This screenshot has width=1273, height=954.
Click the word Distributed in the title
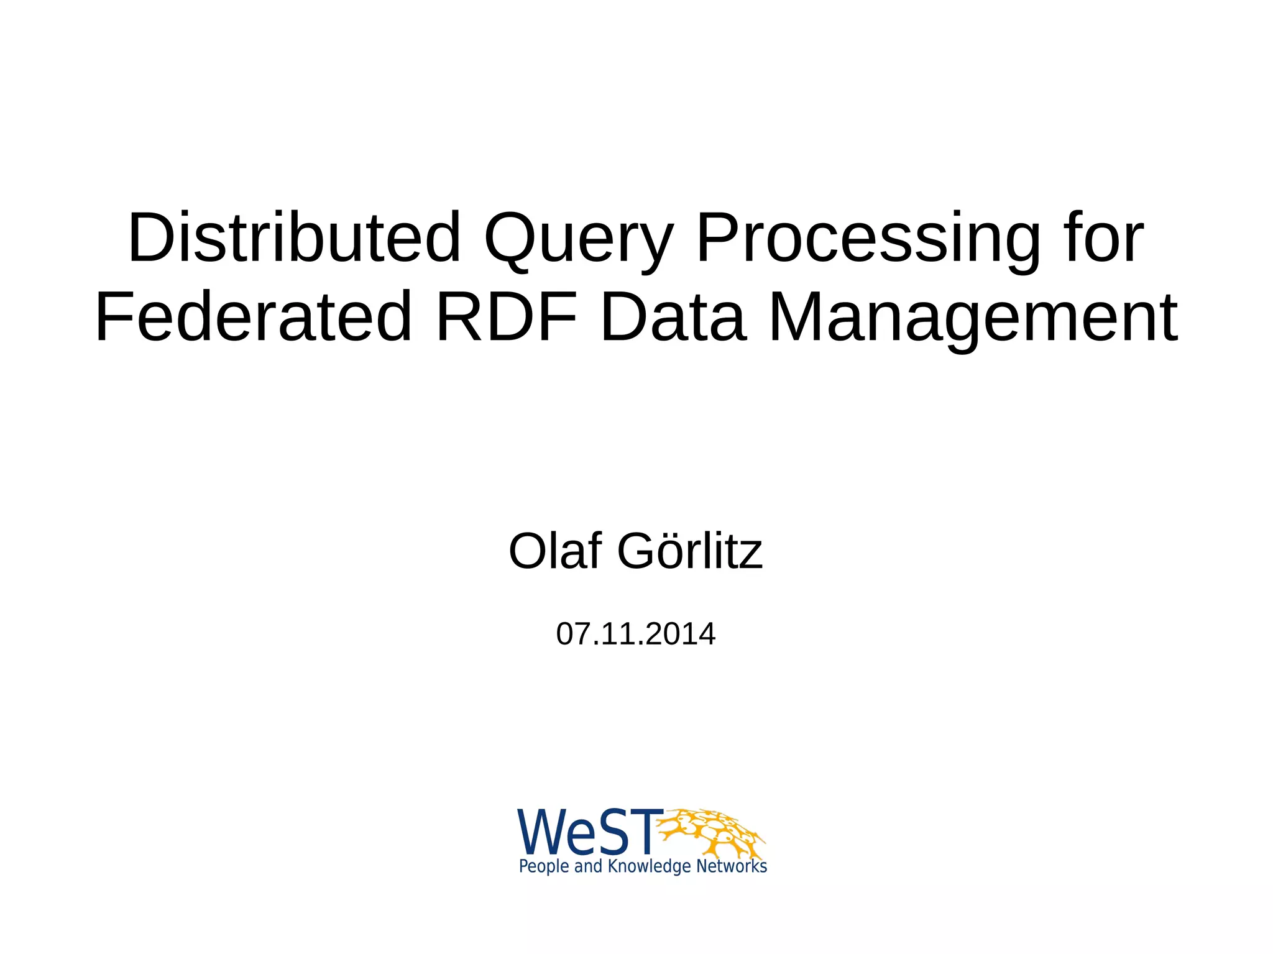tap(295, 238)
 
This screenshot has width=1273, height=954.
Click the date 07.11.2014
tap(636, 634)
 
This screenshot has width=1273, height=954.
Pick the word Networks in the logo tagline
tap(732, 866)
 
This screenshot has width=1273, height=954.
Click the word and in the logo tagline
tap(588, 866)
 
